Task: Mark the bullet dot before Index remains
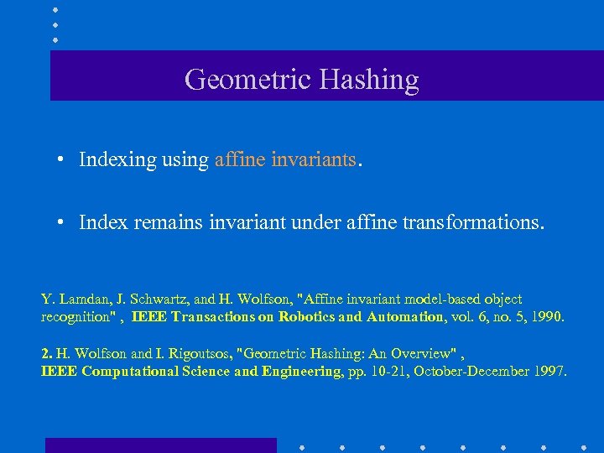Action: pyautogui.click(x=62, y=223)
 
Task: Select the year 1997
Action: pyautogui.click(x=549, y=371)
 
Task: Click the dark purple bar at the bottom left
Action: pyautogui.click(x=160, y=445)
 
